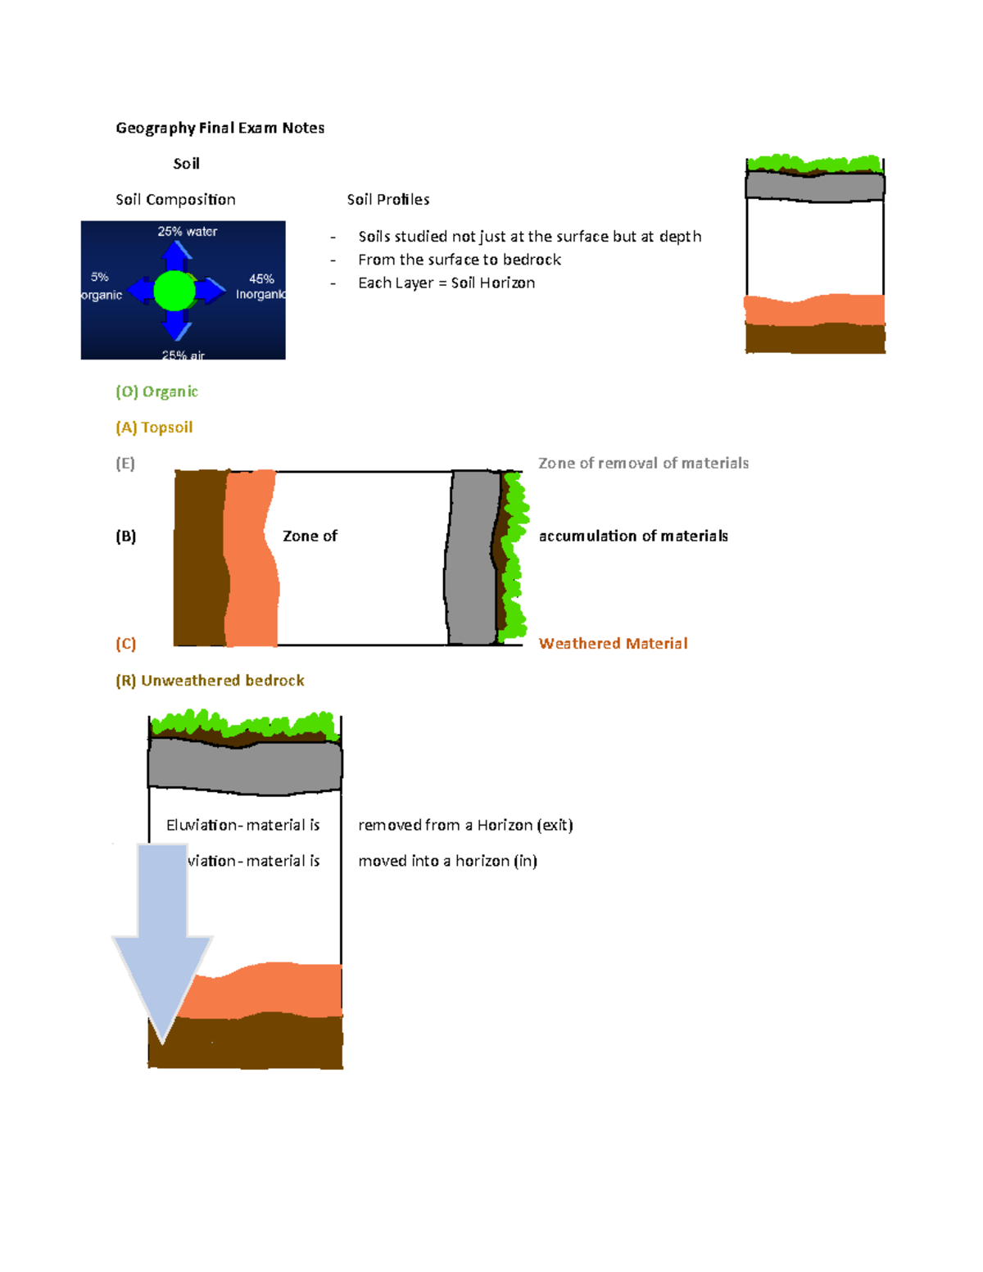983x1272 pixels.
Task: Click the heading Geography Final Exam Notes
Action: [x=220, y=128]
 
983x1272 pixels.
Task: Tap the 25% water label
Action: [x=187, y=232]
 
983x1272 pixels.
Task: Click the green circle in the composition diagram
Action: [x=174, y=290]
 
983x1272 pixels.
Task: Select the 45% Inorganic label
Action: [x=260, y=287]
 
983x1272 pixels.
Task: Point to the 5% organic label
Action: [x=101, y=286]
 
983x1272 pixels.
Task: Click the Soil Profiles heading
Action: [x=387, y=200]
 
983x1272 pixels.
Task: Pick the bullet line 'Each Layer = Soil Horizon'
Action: [x=446, y=283]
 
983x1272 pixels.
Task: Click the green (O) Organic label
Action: [x=156, y=392]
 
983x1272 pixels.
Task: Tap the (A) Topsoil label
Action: [x=154, y=428]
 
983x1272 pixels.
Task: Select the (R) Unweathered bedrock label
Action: [x=210, y=681]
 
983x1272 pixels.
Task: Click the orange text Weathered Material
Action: [x=613, y=644]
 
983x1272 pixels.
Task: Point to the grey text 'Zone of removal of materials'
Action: [x=643, y=464]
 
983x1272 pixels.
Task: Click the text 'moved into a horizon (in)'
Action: [x=447, y=861]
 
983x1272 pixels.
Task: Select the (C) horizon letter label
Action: [x=125, y=644]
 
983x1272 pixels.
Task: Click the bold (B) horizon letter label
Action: [x=125, y=536]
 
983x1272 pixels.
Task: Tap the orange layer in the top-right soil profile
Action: [x=814, y=310]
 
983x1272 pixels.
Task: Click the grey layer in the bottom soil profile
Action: [x=244, y=767]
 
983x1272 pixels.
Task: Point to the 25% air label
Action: [x=183, y=355]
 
